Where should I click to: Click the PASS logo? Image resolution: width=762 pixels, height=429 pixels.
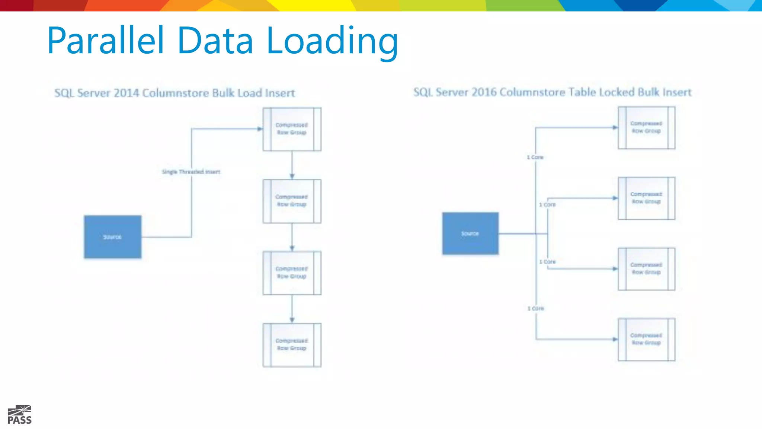click(20, 415)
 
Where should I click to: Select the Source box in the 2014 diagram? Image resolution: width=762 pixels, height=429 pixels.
click(112, 237)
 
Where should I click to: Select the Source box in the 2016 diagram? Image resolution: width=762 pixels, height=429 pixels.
click(470, 233)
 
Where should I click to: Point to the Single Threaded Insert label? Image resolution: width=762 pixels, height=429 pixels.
click(191, 172)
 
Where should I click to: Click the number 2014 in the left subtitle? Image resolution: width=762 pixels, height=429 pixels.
click(127, 93)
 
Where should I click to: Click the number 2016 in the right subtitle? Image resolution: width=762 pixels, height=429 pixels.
click(484, 92)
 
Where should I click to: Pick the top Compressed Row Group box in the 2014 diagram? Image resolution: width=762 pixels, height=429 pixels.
click(292, 129)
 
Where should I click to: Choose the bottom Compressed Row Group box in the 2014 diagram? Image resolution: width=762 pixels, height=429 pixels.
click(292, 345)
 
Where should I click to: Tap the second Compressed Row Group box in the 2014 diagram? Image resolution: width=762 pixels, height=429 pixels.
click(292, 201)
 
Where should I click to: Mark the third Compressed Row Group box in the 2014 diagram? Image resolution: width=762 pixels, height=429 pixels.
click(292, 273)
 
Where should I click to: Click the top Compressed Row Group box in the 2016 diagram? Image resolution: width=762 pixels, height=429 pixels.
click(646, 128)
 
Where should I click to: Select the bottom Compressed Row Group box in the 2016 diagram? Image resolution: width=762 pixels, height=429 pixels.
click(646, 339)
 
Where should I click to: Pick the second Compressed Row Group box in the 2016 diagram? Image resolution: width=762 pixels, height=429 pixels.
click(646, 198)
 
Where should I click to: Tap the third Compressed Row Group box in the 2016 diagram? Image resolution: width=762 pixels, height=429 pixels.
click(646, 268)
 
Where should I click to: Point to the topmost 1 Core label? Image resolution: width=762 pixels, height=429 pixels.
click(535, 158)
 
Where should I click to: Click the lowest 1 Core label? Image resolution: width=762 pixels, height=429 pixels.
click(536, 308)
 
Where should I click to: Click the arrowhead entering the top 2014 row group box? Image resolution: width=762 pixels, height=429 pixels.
click(260, 129)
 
